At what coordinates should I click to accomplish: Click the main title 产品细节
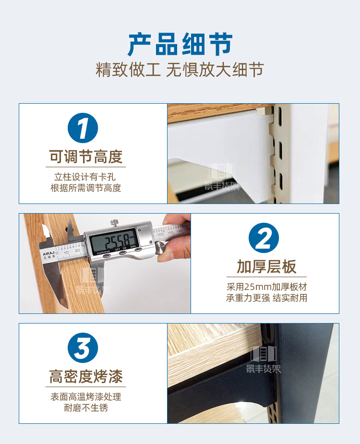[x=180, y=45]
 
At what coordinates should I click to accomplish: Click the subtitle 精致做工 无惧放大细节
[x=180, y=70]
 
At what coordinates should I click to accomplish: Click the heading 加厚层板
[x=266, y=266]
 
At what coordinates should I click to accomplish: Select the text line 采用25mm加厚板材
[x=266, y=287]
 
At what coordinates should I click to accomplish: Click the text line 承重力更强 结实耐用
[x=266, y=298]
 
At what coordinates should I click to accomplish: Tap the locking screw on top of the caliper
[x=114, y=223]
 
